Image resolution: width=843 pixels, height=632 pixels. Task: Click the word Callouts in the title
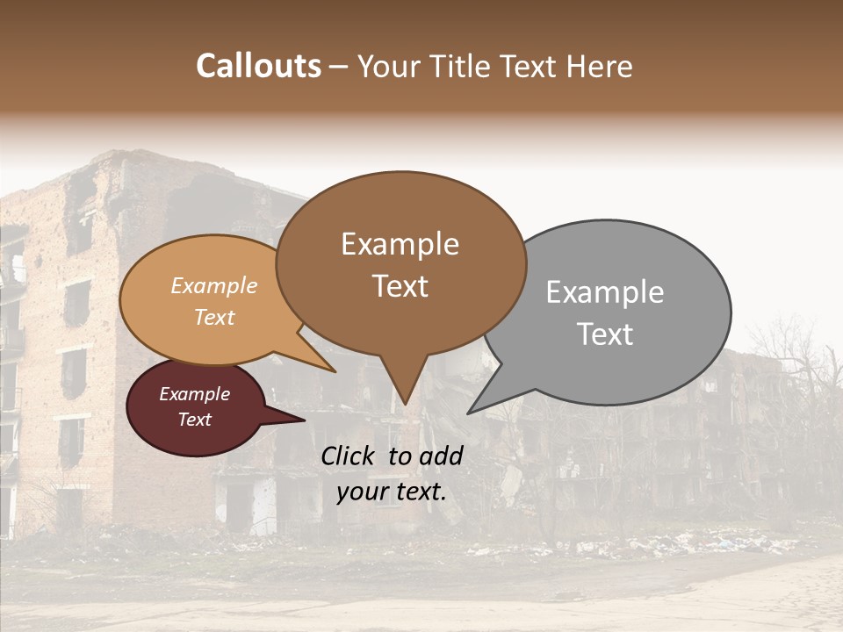258,66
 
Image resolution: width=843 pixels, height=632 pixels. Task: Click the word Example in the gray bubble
604,292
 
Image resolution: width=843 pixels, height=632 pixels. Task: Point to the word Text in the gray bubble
604,334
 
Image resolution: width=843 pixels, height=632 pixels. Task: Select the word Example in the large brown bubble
400,244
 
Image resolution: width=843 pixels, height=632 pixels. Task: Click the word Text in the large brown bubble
400,286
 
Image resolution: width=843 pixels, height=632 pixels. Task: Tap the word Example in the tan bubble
213,286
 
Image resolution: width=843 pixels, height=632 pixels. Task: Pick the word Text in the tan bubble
213,317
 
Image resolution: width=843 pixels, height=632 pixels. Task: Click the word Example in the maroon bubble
194,394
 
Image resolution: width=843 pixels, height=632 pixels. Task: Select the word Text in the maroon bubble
194,420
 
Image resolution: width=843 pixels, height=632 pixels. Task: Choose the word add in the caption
442,456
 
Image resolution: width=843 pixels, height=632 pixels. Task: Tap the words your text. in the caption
391,492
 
